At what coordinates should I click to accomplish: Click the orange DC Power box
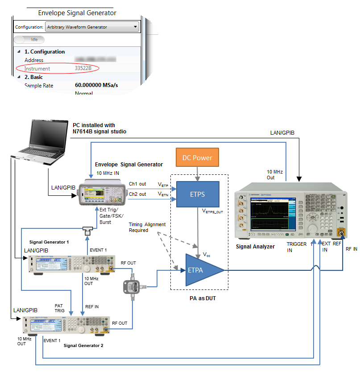197,157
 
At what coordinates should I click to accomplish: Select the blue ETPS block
198,194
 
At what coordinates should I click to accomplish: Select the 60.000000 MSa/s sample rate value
96,85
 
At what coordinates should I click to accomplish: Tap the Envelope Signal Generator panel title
77,13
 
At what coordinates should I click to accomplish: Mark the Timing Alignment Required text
147,227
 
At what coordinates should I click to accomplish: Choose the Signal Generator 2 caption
83,345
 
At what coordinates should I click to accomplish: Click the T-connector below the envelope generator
87,230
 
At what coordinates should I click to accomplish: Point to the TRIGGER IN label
296,247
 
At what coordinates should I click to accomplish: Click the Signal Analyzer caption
255,246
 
